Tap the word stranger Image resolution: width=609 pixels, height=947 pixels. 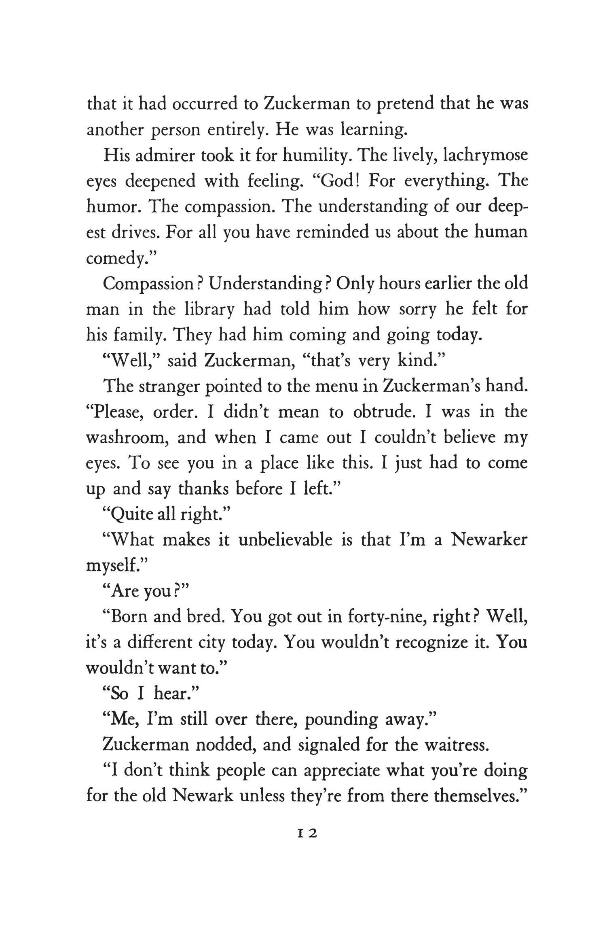[169, 387]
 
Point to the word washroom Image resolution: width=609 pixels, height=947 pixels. [125, 438]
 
